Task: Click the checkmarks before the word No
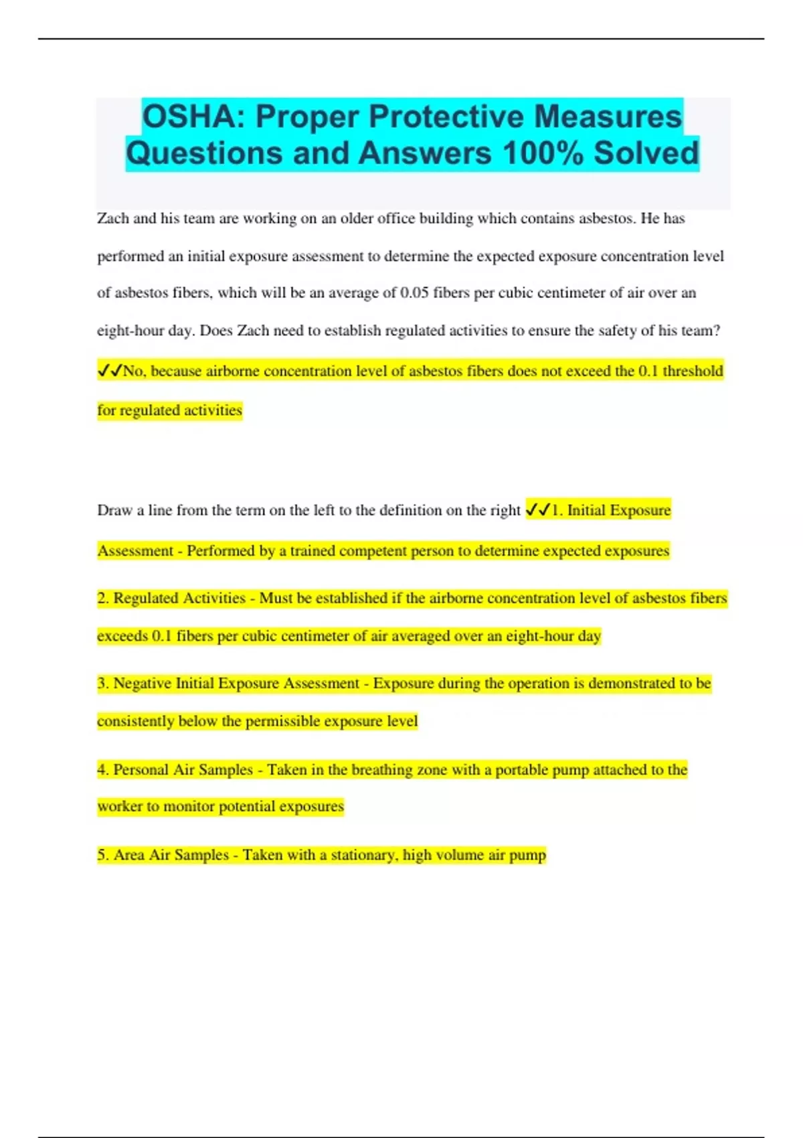click(x=110, y=371)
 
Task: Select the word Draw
click(x=114, y=510)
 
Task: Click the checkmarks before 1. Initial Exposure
click(x=538, y=510)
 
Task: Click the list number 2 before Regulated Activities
click(x=102, y=598)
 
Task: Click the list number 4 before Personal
click(x=102, y=770)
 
